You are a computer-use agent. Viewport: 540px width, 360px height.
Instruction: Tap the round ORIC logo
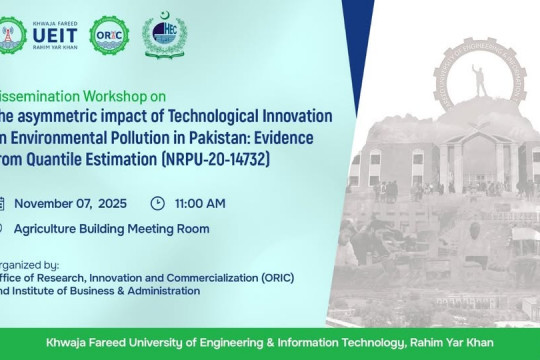pos(108,35)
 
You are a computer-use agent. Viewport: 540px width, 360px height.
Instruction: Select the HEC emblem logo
pos(163,35)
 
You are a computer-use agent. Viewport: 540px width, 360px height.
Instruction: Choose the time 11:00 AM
pos(201,203)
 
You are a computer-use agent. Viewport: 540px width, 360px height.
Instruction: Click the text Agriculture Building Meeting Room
pos(112,228)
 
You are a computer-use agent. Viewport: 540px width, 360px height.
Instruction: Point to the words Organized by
pos(30,266)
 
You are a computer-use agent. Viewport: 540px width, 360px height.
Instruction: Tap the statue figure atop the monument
pos(479,78)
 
